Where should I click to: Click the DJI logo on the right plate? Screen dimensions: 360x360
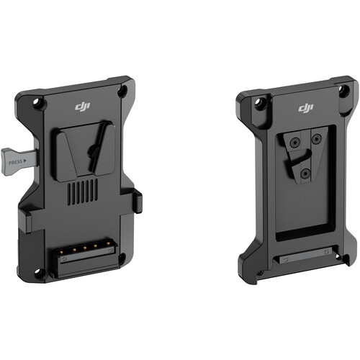[x=305, y=108]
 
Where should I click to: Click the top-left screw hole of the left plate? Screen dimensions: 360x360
[x=37, y=102]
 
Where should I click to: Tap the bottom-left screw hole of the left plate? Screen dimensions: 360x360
[x=40, y=272]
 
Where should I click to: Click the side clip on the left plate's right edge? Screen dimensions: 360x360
[x=136, y=201]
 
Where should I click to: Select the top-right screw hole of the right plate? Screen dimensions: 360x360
[x=343, y=92]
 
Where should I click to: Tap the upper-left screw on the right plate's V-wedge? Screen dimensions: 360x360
[x=293, y=143]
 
